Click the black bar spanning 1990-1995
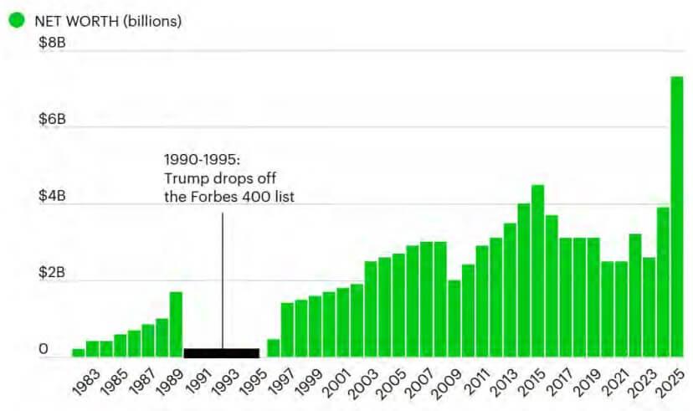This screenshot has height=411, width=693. pos(221,352)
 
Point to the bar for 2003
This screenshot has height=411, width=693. pos(370,309)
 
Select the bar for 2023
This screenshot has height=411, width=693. pos(649,306)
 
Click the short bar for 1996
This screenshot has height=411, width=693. pos(273,347)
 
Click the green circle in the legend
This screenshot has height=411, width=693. pos(16,19)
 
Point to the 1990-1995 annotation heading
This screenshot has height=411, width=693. pos(202,159)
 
